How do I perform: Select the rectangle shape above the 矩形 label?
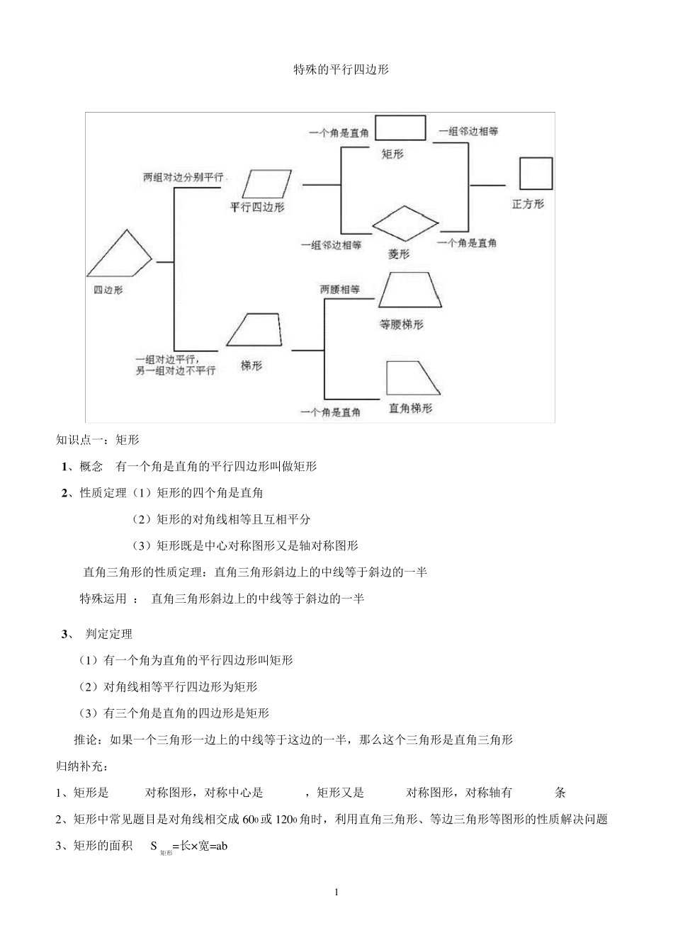tap(400, 128)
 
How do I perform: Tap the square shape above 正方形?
tap(535, 173)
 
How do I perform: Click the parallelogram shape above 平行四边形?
tap(266, 183)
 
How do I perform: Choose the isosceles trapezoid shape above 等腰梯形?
tap(410, 290)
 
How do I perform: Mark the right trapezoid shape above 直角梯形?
tap(412, 378)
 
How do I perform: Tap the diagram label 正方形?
tap(528, 204)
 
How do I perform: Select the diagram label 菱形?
tap(399, 254)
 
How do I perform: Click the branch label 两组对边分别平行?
tap(183, 178)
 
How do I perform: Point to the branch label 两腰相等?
tap(340, 290)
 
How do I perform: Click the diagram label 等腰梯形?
tap(402, 324)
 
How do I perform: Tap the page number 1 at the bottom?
tap(336, 892)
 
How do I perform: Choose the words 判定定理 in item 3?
tap(109, 634)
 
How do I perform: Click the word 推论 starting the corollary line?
tap(86, 740)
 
